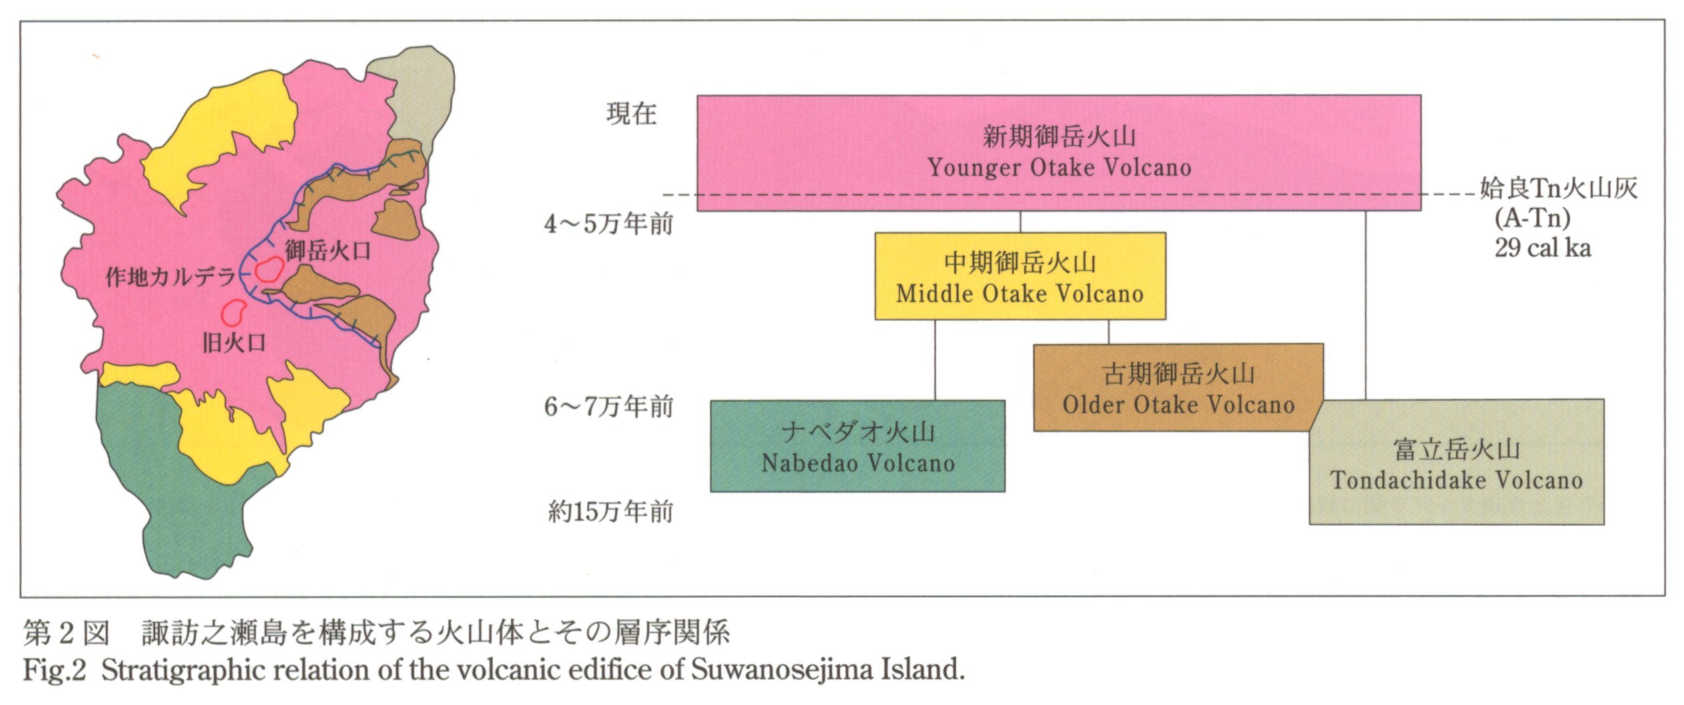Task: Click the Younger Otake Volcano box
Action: (x=1059, y=152)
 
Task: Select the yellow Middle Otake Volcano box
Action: (x=1019, y=276)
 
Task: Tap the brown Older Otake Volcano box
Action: (x=1177, y=387)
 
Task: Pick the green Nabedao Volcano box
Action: (x=857, y=446)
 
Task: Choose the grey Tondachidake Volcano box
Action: (x=1456, y=462)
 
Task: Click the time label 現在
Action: (x=631, y=114)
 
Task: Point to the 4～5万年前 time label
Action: (x=609, y=224)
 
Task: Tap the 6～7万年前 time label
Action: (x=609, y=406)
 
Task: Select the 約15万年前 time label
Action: (x=610, y=512)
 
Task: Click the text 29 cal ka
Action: (x=1542, y=248)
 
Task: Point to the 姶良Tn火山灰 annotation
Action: (x=1558, y=189)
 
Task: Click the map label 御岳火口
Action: (x=328, y=251)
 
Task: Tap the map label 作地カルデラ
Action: (x=170, y=277)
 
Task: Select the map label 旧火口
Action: (x=234, y=343)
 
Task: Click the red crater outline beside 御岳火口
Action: (x=269, y=270)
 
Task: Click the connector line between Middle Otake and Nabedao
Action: (x=934, y=359)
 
